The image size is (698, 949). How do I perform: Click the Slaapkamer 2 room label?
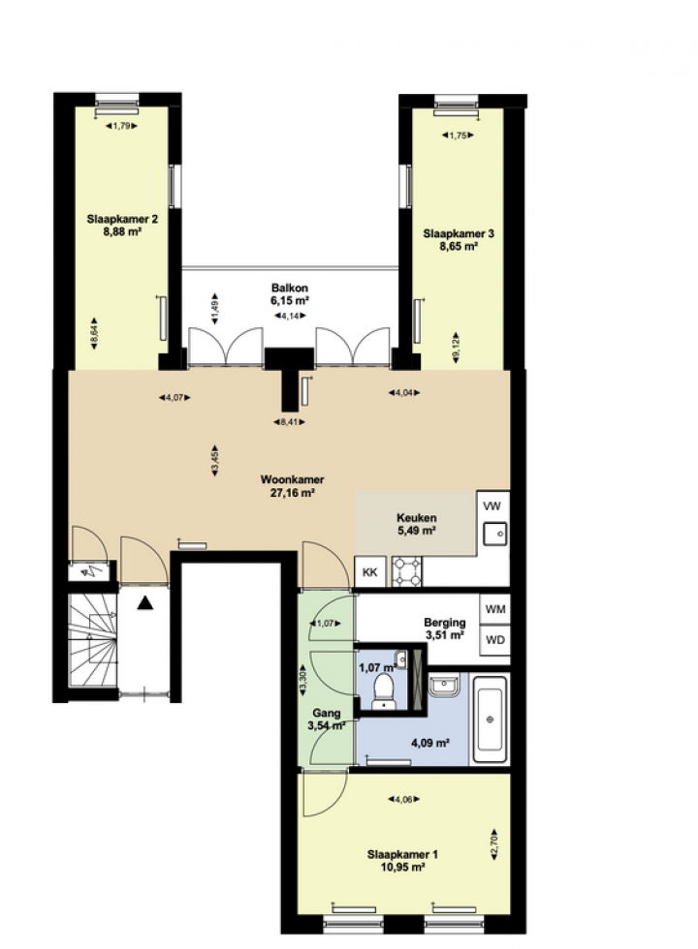coord(122,219)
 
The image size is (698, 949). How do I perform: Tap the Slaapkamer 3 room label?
coord(459,233)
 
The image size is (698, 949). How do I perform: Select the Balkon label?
coord(290,289)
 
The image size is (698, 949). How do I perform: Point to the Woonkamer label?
coord(292,479)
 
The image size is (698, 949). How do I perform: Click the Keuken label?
coord(416,518)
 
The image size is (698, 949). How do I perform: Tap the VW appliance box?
coord(492,505)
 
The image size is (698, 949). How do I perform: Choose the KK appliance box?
coord(370,572)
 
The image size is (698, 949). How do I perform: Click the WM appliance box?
coord(495,609)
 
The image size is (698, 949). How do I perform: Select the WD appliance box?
coord(495,640)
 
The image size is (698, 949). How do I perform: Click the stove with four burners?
coord(407,572)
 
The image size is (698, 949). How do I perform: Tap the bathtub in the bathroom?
coord(490,719)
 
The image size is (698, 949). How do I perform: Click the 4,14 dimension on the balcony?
coord(290,316)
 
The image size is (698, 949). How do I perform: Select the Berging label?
coord(445,622)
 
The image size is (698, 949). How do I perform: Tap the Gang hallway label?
coord(326,714)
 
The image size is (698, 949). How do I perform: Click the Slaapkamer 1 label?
coord(402,854)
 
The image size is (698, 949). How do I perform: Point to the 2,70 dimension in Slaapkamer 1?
coord(493,843)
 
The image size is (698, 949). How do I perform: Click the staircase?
coord(92,640)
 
